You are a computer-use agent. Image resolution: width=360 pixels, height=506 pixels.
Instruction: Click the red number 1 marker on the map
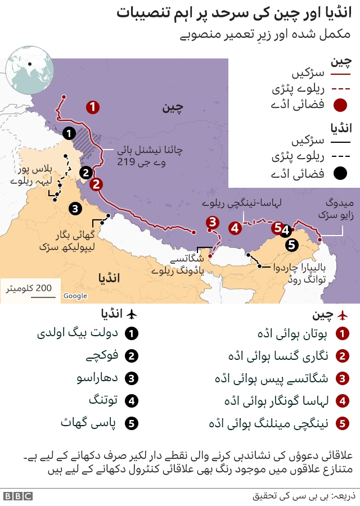coord(93,107)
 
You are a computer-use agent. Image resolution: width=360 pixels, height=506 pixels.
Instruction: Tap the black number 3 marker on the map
coord(75,209)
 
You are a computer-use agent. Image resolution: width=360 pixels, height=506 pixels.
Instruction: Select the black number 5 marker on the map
coord(291,245)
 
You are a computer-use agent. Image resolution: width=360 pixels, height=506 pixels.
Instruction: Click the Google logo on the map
coord(75,296)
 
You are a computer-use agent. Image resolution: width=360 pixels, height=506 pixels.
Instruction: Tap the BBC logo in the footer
coord(17,496)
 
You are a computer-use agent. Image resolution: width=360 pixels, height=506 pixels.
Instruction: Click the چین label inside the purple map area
coord(173,107)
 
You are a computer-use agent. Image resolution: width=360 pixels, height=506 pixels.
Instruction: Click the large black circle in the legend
coord(339,174)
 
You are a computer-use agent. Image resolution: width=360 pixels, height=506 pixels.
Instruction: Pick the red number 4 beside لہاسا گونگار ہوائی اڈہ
coord(341,401)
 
